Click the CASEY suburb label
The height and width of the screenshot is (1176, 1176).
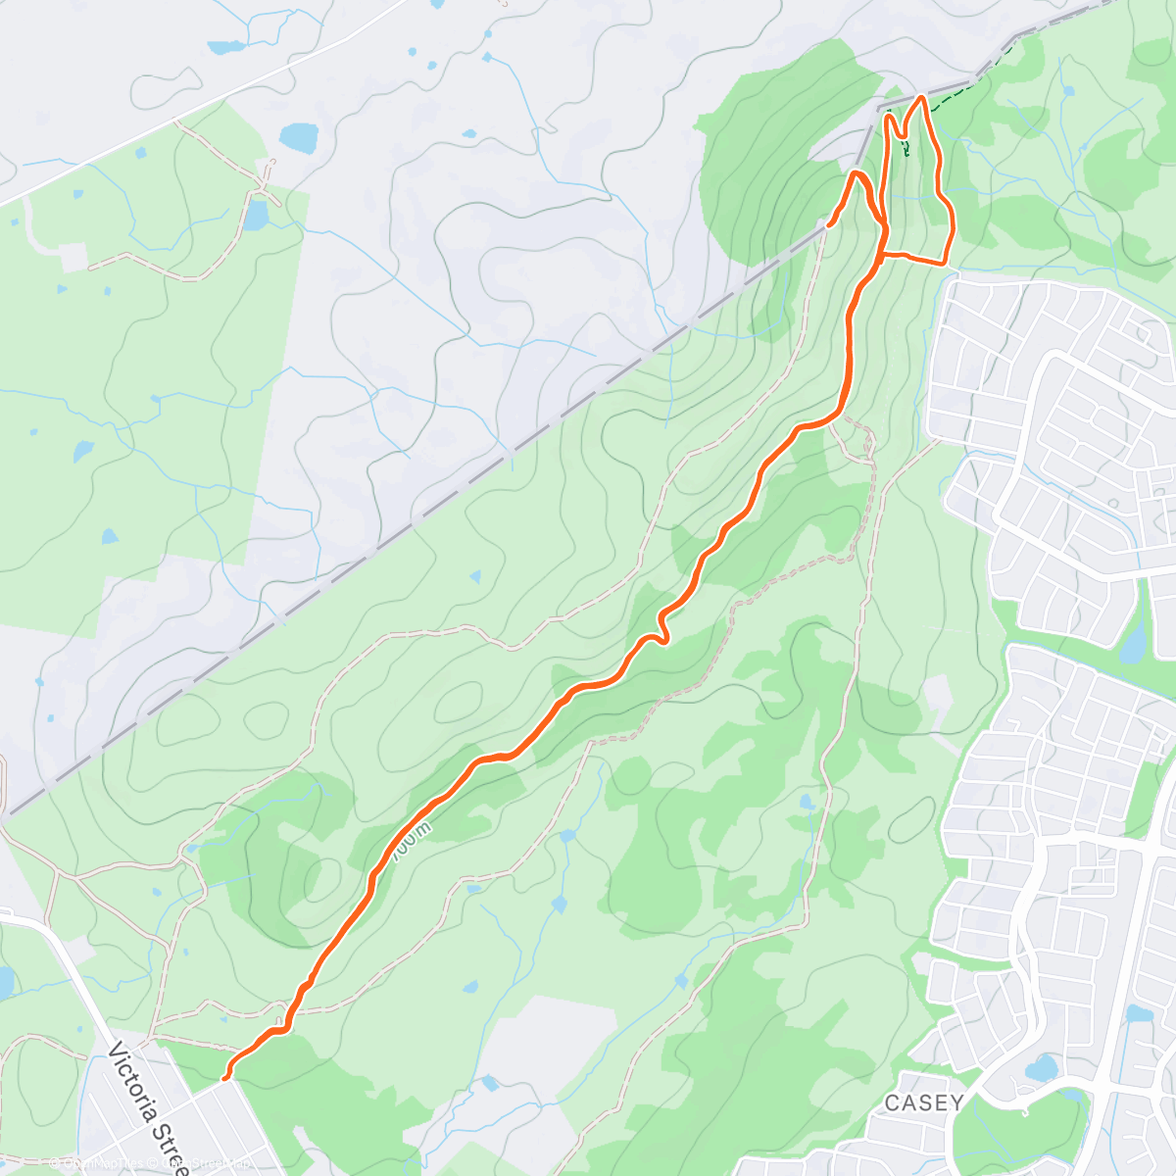923,1103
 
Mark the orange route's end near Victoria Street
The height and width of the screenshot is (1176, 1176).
226,1078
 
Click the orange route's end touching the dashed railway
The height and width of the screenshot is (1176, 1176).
830,224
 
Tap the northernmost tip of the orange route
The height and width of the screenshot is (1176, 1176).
921,98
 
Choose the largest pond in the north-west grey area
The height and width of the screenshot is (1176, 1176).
298,136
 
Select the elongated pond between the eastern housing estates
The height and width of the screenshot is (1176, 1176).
1133,643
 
